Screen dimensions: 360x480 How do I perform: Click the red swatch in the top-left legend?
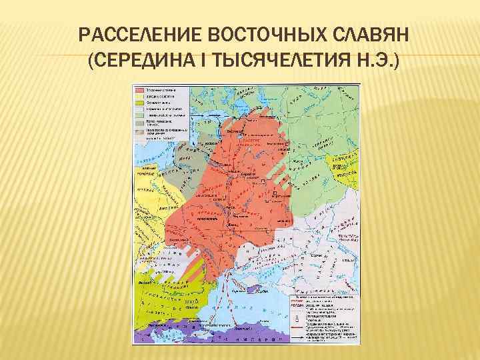140,89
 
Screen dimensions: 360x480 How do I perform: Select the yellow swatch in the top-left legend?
140,96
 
